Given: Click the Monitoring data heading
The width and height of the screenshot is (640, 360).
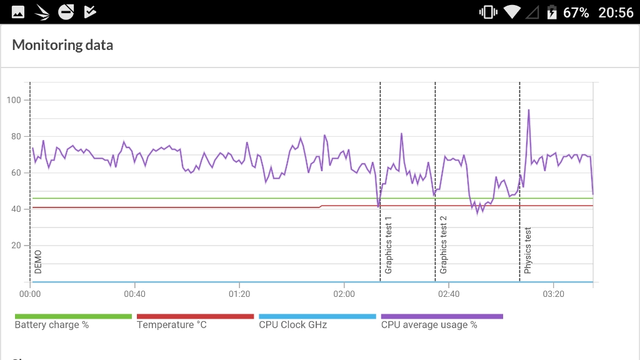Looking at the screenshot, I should click(62, 45).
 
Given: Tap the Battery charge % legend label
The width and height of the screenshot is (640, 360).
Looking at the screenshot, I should click(51, 325).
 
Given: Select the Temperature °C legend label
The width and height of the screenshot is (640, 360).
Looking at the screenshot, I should click(171, 325).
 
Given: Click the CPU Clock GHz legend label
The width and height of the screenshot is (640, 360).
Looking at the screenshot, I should click(292, 325).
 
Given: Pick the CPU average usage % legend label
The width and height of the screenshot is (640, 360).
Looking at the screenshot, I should click(429, 325).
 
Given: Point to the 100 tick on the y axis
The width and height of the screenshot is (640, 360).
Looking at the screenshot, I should click(14, 100).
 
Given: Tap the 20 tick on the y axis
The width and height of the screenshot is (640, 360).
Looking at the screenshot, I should click(16, 245).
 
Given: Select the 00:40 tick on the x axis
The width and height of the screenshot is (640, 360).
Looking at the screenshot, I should click(134, 294).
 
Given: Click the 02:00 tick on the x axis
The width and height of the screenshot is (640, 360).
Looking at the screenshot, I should click(344, 294).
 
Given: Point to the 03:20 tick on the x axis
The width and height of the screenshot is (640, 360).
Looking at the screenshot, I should click(553, 294).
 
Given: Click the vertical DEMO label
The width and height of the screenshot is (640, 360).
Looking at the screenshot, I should click(38, 262).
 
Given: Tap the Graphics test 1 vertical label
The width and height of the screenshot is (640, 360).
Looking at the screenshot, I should click(389, 245).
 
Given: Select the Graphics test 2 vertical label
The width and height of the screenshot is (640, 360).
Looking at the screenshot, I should click(444, 245).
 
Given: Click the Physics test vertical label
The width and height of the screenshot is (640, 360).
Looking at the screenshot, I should click(528, 250).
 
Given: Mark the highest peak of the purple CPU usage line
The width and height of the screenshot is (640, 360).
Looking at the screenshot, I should click(529, 110).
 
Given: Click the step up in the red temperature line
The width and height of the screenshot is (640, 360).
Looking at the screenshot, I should click(321, 206).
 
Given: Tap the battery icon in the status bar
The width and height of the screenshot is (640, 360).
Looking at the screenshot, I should click(552, 12).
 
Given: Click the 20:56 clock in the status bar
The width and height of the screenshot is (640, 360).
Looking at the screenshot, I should click(616, 12).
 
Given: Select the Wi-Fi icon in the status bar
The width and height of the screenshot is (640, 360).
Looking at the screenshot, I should click(512, 12).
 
